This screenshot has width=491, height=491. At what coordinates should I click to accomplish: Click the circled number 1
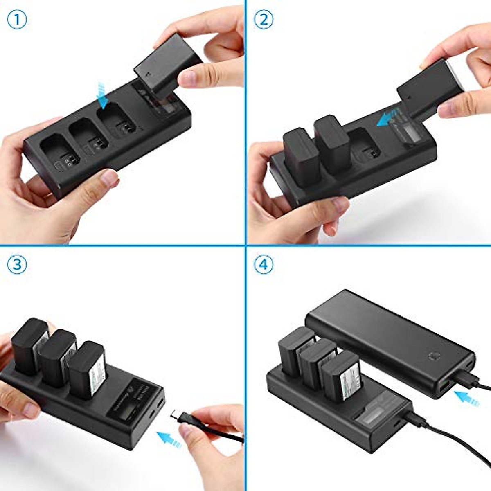point(17,19)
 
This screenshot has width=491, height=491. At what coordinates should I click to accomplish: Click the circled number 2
point(264,19)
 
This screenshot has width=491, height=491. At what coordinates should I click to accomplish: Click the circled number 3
point(17,265)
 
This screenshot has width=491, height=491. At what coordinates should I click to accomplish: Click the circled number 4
point(264,265)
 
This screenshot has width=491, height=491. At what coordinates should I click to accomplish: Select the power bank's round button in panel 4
point(432,356)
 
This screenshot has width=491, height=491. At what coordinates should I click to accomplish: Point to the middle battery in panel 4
point(316,360)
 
